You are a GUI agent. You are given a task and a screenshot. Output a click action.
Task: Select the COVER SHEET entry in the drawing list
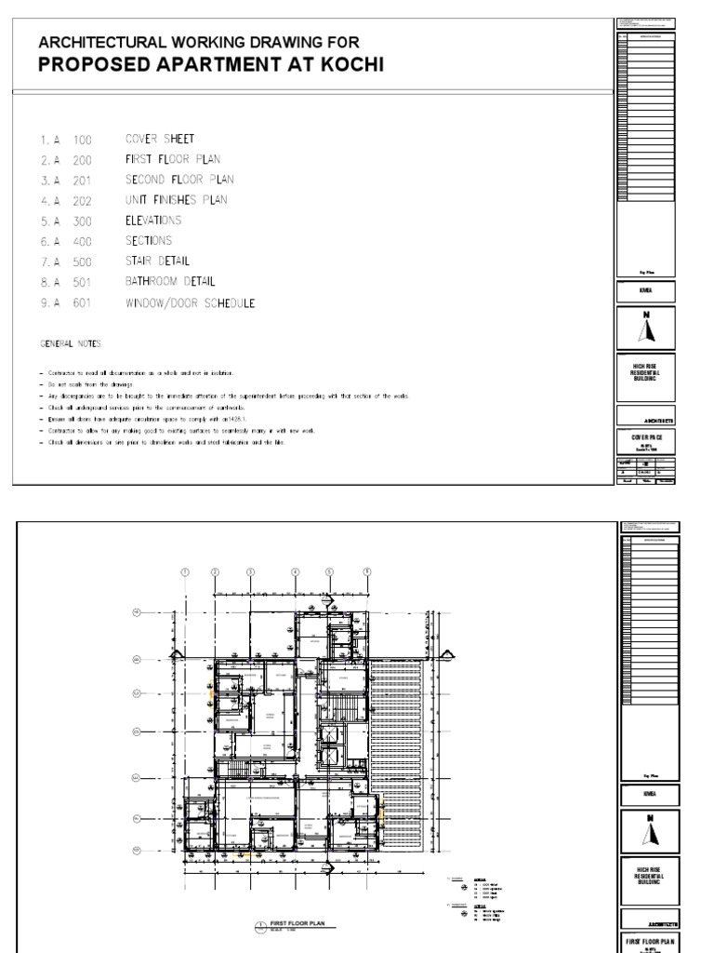pyautogui.click(x=160, y=139)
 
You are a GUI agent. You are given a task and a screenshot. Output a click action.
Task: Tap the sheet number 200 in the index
pyautogui.click(x=84, y=160)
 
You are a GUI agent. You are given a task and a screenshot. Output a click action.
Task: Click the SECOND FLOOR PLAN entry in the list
pyautogui.click(x=179, y=180)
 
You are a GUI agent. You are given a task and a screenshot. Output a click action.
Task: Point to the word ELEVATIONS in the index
pyautogui.click(x=153, y=221)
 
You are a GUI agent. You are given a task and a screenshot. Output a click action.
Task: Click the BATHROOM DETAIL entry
pyautogui.click(x=170, y=281)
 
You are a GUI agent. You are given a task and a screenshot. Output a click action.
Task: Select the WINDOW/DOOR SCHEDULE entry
pyautogui.click(x=190, y=303)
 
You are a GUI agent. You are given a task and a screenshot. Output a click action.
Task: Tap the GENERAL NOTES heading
pyautogui.click(x=64, y=343)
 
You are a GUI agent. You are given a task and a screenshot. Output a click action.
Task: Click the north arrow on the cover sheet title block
pyautogui.click(x=650, y=329)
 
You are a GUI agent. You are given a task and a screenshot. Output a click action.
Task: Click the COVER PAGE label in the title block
pyautogui.click(x=650, y=435)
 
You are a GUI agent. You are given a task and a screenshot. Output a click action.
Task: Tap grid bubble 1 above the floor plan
pyautogui.click(x=185, y=571)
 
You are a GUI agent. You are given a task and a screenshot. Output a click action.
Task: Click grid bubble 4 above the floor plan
pyautogui.click(x=296, y=571)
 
